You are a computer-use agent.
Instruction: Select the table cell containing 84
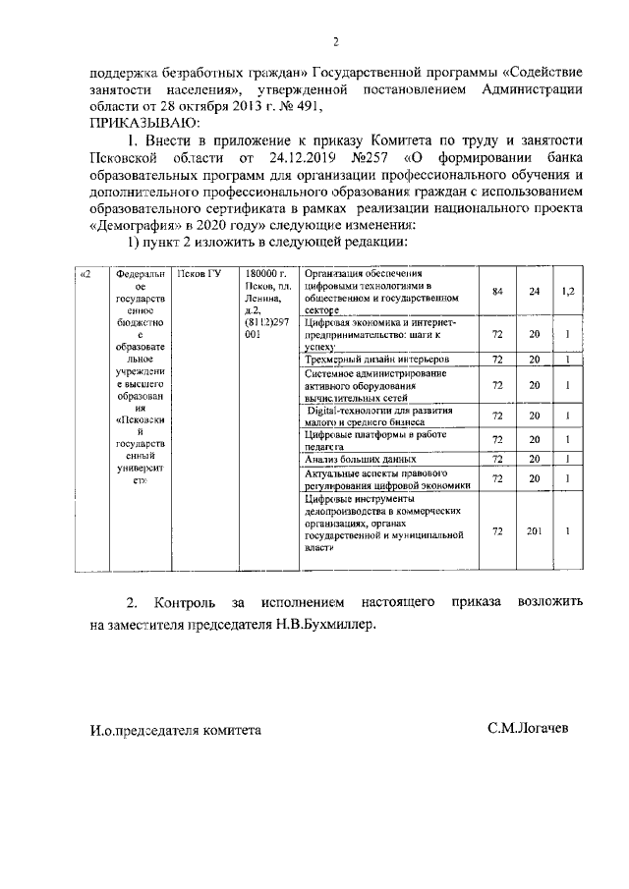(497, 291)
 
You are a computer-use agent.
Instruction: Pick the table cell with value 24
(534, 291)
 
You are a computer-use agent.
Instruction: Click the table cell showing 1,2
(566, 291)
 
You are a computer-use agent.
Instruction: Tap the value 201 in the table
(534, 531)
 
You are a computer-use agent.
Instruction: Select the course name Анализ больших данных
(360, 459)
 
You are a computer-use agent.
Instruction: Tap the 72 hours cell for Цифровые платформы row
(497, 440)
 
